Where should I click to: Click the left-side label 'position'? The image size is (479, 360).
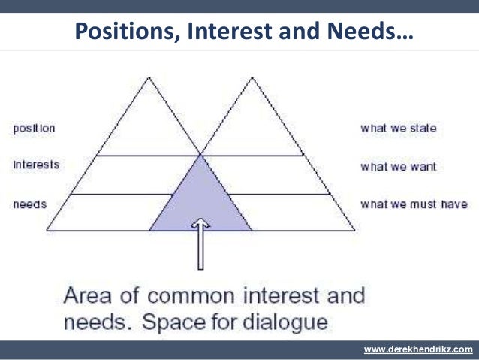(x=34, y=129)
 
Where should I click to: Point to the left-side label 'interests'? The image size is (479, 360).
(x=35, y=163)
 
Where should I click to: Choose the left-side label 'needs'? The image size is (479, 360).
(x=29, y=204)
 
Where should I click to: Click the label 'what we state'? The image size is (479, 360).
(x=398, y=129)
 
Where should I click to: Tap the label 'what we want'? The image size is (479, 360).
(x=397, y=166)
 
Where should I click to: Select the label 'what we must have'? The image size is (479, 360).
(x=414, y=204)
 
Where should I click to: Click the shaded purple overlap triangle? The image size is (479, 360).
(x=200, y=199)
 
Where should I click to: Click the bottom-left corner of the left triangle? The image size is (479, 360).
(x=47, y=229)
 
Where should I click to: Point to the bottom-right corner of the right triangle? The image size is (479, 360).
(x=354, y=229)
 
